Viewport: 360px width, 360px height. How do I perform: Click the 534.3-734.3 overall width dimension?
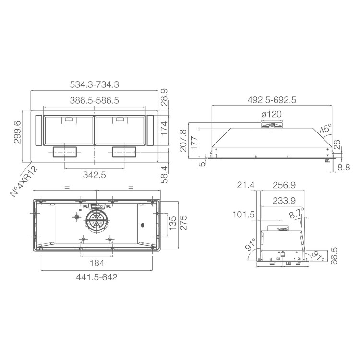click(x=95, y=84)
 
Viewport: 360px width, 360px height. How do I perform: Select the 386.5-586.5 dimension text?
click(x=95, y=100)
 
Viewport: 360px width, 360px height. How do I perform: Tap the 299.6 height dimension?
click(x=17, y=132)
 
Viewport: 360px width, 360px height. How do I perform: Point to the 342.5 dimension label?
click(x=95, y=175)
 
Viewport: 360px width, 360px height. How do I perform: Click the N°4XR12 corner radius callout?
click(x=24, y=181)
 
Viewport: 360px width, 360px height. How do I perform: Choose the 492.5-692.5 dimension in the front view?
click(x=272, y=100)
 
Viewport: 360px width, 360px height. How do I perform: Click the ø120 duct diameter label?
click(x=271, y=114)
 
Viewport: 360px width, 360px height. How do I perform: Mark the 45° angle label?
click(x=325, y=129)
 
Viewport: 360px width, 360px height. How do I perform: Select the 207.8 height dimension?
click(x=183, y=141)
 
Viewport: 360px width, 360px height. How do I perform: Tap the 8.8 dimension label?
click(x=344, y=168)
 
